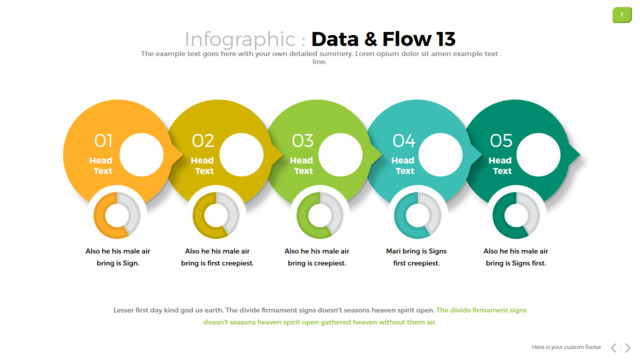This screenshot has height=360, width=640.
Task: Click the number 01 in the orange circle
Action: pyautogui.click(x=103, y=141)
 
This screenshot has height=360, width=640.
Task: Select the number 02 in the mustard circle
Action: pyautogui.click(x=203, y=141)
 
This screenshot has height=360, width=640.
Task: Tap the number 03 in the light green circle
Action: pyautogui.click(x=302, y=141)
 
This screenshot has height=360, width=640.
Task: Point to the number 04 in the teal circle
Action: pyautogui.click(x=404, y=141)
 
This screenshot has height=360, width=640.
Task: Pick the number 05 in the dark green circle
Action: pyautogui.click(x=501, y=141)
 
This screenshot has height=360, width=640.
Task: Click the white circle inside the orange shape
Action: pyautogui.click(x=141, y=155)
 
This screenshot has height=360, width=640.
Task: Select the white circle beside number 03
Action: pyautogui.click(x=340, y=155)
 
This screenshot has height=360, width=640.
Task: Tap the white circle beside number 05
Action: pyautogui.click(x=538, y=155)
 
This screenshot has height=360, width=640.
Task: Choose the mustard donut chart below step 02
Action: pyautogui.click(x=198, y=215)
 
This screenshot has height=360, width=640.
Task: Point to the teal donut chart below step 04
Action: pyautogui.click(x=400, y=215)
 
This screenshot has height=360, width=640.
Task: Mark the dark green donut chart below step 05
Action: pyautogui.click(x=498, y=215)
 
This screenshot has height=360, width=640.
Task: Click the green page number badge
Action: pyautogui.click(x=622, y=15)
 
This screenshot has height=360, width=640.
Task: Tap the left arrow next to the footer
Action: pyautogui.click(x=614, y=348)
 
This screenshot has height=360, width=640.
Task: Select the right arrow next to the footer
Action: pyautogui.click(x=628, y=348)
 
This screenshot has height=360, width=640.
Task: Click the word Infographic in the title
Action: pyautogui.click(x=240, y=40)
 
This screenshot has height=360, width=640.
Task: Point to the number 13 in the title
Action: pyautogui.click(x=445, y=39)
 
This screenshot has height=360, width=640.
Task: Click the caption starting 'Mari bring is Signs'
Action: pyautogui.click(x=416, y=257)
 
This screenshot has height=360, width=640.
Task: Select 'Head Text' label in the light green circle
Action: pyautogui.click(x=302, y=166)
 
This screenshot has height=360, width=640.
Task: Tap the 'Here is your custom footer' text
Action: pyautogui.click(x=566, y=347)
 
